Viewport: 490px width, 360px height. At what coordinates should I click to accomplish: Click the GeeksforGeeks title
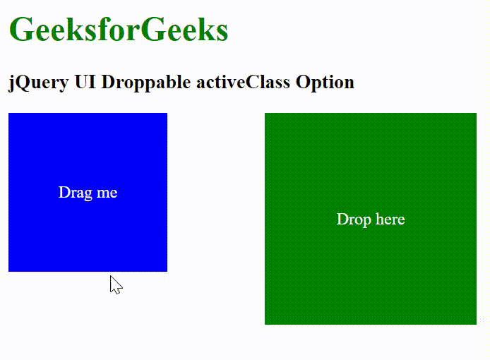click(x=119, y=29)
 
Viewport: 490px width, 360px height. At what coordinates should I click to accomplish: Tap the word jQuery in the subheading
click(x=38, y=83)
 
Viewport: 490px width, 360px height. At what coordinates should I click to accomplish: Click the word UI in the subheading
click(x=85, y=82)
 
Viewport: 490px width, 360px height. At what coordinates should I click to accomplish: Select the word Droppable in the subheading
click(x=146, y=83)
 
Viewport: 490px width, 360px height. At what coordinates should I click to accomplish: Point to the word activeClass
click(x=243, y=82)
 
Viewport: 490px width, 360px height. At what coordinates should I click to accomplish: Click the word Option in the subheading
click(x=325, y=83)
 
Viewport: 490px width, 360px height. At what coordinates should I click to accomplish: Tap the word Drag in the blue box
click(x=76, y=193)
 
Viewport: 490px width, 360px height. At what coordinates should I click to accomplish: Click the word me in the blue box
click(x=107, y=193)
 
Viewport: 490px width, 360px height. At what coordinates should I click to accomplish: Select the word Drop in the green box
click(x=354, y=220)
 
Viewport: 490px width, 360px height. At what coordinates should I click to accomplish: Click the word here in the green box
click(x=390, y=219)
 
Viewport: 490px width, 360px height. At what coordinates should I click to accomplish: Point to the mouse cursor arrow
click(x=116, y=284)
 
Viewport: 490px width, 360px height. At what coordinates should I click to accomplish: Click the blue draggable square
click(x=88, y=192)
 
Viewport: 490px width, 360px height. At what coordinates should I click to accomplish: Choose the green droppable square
click(x=371, y=219)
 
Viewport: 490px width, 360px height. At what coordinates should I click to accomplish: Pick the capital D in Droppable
click(x=109, y=82)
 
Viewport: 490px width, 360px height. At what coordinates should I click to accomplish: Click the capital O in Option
click(x=303, y=82)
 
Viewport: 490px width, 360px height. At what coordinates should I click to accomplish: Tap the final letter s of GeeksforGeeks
click(x=222, y=34)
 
